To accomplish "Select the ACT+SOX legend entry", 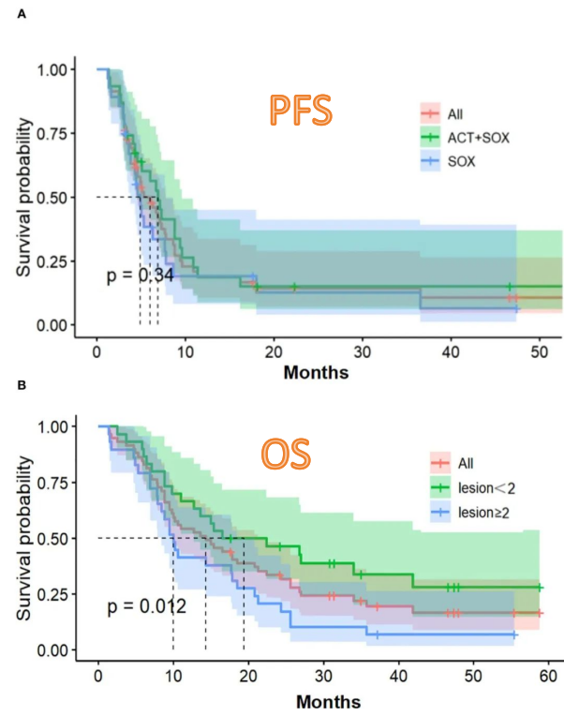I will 478,137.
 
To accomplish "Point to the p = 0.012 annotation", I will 146,606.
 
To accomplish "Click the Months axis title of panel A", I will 317,372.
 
